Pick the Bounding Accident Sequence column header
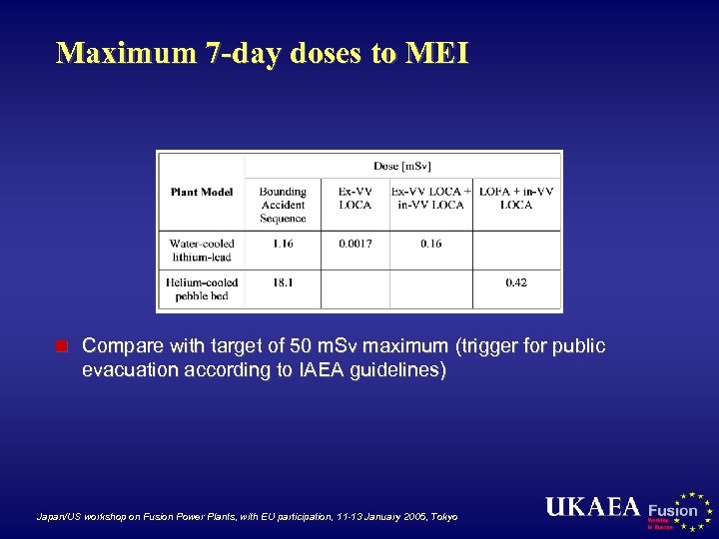(x=283, y=205)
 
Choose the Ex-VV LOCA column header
(x=355, y=198)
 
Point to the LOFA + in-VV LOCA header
(x=516, y=198)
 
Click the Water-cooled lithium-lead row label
(x=201, y=251)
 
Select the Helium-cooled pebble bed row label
(x=201, y=289)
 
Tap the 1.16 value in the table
(x=283, y=244)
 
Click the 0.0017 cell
(x=355, y=244)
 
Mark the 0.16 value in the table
(x=430, y=244)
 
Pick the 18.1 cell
(x=283, y=282)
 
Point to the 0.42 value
(x=516, y=282)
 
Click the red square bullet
(x=61, y=347)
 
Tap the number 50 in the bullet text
(x=301, y=346)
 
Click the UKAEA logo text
(x=592, y=507)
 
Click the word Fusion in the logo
(x=673, y=510)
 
